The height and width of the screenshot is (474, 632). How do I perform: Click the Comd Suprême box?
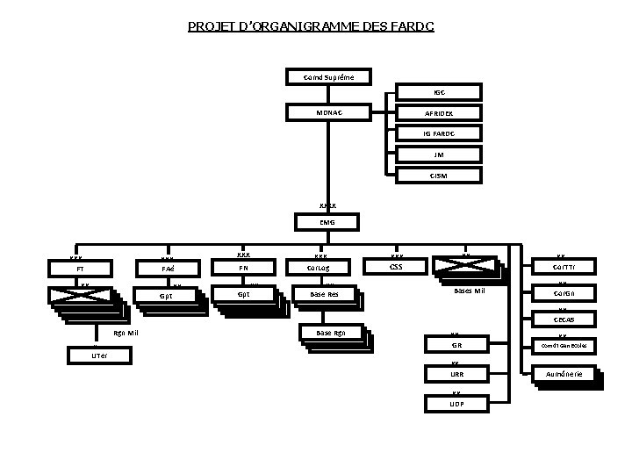point(330,77)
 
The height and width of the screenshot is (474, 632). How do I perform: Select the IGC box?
point(440,91)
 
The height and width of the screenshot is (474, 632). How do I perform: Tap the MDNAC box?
point(330,112)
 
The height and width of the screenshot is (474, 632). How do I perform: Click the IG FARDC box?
point(440,133)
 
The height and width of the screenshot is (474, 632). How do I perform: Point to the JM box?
point(440,154)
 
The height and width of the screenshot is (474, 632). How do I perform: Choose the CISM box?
point(440,176)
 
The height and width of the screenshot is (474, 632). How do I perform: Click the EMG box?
point(327,222)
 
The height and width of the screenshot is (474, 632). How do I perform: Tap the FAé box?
point(168,268)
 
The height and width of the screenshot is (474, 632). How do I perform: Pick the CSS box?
point(396,265)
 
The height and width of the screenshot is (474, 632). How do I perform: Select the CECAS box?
point(565,320)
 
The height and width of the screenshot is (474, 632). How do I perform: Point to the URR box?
point(456,374)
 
